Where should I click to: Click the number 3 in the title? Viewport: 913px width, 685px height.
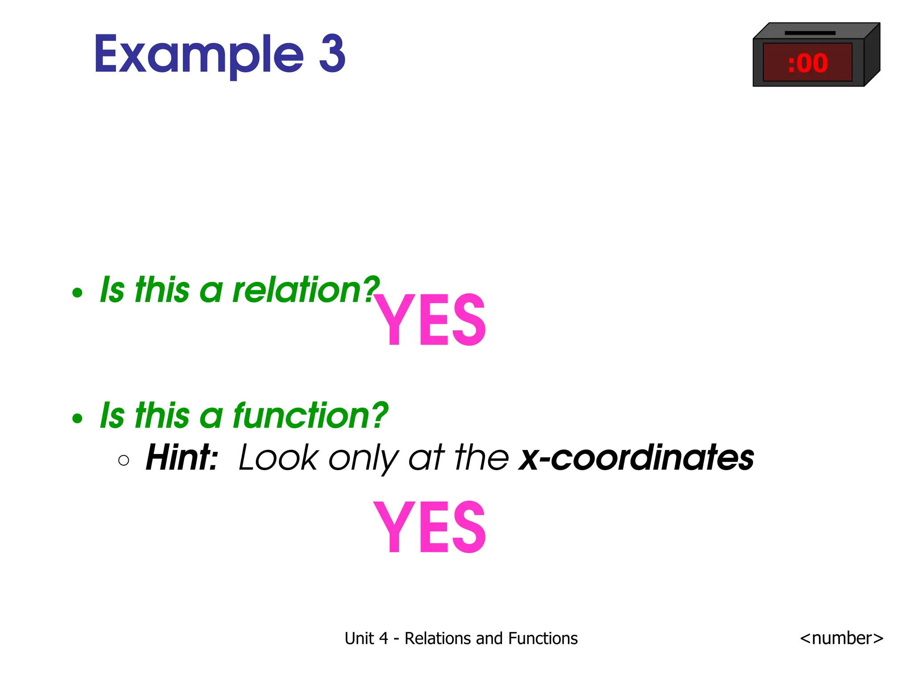pyautogui.click(x=332, y=54)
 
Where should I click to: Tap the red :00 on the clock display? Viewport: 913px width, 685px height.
pyautogui.click(x=807, y=63)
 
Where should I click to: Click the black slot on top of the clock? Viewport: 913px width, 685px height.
pyautogui.click(x=810, y=33)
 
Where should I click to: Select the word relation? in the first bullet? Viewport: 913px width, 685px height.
pyautogui.click(x=306, y=290)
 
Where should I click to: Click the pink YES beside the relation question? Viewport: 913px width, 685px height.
pyautogui.click(x=429, y=320)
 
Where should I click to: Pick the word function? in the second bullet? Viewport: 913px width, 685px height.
pyautogui.click(x=310, y=416)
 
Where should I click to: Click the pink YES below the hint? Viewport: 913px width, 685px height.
pyautogui.click(x=429, y=527)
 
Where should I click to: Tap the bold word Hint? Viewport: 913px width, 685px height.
pyautogui.click(x=182, y=458)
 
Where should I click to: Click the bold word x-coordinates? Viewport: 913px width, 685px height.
pyautogui.click(x=636, y=458)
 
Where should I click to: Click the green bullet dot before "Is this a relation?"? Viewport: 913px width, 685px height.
pyautogui.click(x=78, y=293)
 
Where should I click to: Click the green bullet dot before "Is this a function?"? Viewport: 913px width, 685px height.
pyautogui.click(x=78, y=418)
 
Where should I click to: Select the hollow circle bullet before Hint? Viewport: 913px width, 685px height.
pyautogui.click(x=123, y=460)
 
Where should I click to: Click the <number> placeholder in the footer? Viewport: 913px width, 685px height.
pyautogui.click(x=841, y=638)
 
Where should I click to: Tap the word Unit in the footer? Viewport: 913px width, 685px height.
pyautogui.click(x=359, y=639)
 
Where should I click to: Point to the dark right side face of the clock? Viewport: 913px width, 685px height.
pyautogui.click(x=872, y=56)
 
